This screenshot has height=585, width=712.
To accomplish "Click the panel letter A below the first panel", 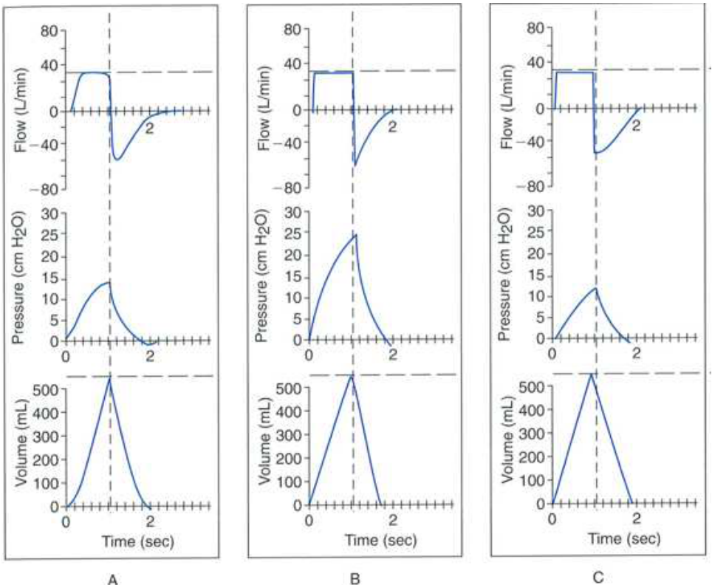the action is pos(113,579).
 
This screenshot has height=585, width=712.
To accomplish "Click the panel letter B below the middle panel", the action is pos(355,578).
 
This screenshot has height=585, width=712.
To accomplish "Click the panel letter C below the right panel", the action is pos(598,578).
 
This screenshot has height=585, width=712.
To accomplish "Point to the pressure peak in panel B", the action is pos(356,234).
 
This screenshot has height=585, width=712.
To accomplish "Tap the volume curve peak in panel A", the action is pos(110,378).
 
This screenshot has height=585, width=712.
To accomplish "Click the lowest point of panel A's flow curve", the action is pos(117,160).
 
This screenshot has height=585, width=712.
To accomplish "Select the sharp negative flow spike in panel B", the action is pos(355,165).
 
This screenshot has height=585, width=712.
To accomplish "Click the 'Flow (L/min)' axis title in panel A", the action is pos(22,110).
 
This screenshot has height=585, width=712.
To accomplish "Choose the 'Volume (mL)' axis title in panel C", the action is pos(508,439).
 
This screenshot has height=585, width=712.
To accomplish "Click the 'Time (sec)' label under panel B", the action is pos(380,540).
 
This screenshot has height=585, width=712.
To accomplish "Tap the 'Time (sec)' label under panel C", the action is pos(624,538).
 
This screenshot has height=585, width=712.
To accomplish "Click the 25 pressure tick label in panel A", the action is pos(50,236).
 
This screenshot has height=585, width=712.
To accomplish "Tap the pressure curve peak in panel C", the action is pos(596,288).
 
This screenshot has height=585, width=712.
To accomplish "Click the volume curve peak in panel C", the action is pos(591,374).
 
